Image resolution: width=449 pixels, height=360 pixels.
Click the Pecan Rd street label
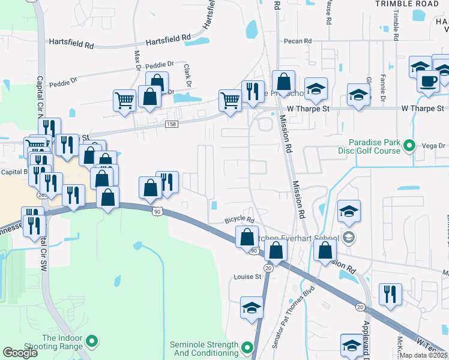coord(299,41)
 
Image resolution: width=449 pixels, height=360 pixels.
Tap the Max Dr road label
coord(137,58)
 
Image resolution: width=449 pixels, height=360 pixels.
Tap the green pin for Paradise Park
coord(409,145)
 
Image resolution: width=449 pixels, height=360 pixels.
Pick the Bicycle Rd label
coord(240,220)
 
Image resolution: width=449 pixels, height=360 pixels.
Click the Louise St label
coord(248,277)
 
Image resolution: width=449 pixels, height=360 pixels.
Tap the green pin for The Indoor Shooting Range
coord(91,342)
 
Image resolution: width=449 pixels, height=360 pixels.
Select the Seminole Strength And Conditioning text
coord(204,349)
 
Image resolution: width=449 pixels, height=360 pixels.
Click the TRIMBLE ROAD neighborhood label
coord(407,4)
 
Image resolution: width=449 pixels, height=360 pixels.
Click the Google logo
coord(20,353)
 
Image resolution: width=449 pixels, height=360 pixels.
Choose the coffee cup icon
coord(429,80)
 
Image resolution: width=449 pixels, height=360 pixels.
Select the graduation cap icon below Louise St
coord(252,308)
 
